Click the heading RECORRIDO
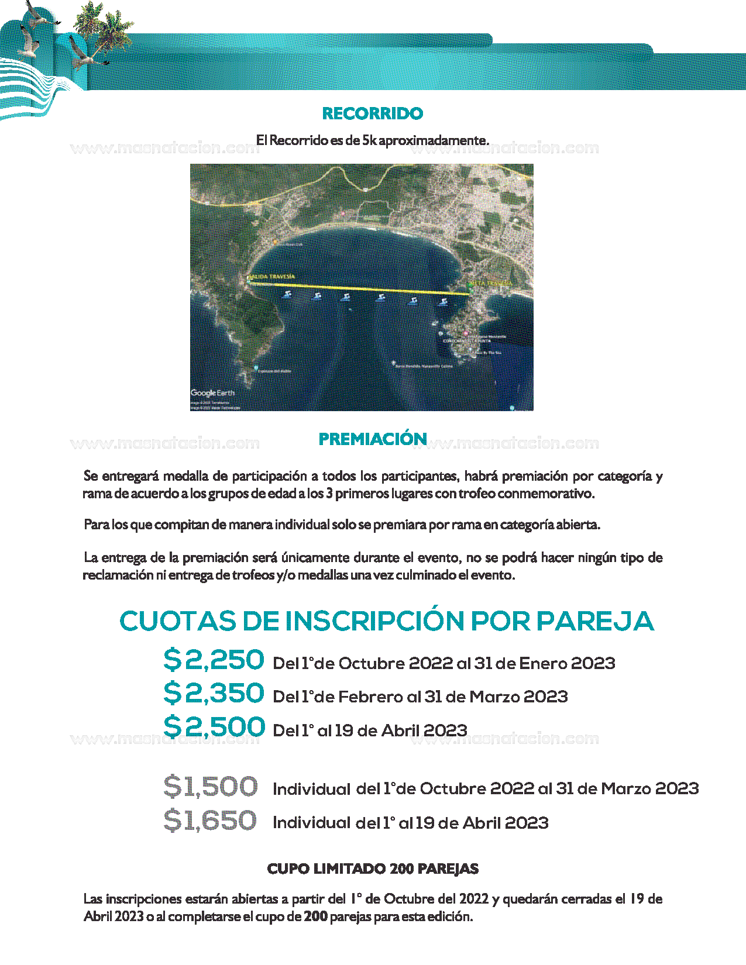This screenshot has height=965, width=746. tap(373, 113)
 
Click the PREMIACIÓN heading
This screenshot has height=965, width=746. tap(373, 439)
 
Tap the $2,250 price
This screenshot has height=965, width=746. tap(214, 660)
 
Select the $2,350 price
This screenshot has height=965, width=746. tap(214, 694)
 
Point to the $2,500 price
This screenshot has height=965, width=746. tap(214, 727)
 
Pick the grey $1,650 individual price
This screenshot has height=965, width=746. tap(210, 821)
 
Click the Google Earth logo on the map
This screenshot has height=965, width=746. tap(212, 393)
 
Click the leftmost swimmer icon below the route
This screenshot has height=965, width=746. tap(287, 294)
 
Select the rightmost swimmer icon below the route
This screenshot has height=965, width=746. tap(443, 302)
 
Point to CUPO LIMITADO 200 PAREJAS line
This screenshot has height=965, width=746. tap(373, 869)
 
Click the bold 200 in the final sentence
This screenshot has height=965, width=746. tap(315, 916)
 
